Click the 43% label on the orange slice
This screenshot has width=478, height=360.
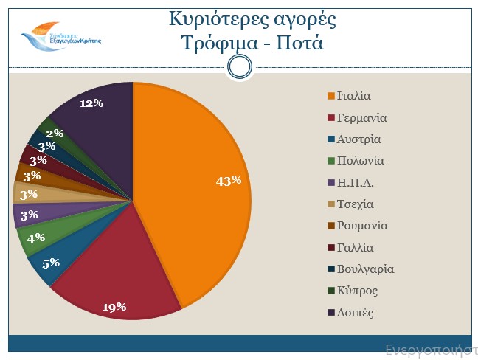229,181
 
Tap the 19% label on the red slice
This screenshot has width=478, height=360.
115,307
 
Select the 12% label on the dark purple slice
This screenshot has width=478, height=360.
91,103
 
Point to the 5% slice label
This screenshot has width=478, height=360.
51,262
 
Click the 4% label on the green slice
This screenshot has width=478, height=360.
35,238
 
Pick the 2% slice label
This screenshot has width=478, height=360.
55,134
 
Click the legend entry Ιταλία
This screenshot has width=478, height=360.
353,96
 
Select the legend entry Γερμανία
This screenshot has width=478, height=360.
361,117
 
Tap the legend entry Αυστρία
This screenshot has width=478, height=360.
358,139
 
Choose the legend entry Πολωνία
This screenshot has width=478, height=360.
360,161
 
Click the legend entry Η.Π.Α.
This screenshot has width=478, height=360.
356,182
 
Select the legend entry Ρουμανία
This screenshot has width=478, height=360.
362,226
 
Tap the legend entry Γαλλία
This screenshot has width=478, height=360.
355,247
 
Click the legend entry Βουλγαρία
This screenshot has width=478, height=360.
365,269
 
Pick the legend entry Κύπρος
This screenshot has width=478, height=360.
357,291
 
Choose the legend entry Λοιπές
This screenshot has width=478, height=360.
355,313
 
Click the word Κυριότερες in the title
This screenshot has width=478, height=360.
213,18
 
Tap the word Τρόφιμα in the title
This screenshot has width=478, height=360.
217,42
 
